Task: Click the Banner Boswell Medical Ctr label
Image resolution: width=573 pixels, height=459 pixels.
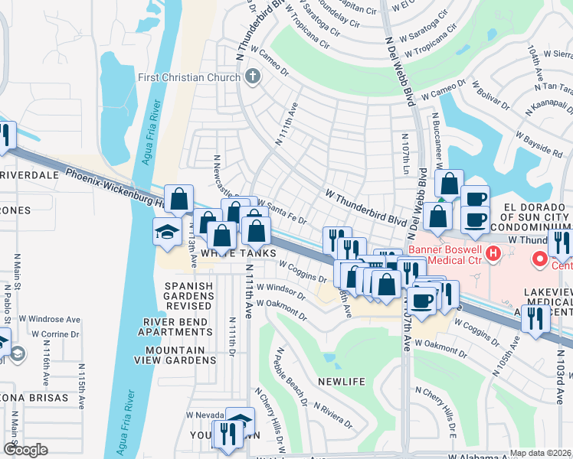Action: pos(444,255)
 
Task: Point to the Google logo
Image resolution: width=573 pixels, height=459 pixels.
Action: pos(25,450)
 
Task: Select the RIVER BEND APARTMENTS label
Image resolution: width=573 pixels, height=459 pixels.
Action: pos(175,327)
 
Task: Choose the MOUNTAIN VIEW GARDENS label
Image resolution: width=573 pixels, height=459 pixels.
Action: pos(175,356)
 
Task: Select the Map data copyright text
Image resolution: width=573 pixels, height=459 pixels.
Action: pos(540,453)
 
